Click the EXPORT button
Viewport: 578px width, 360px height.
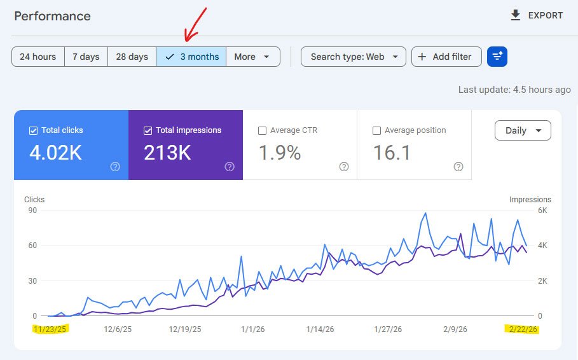537,15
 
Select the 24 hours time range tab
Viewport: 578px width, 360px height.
38,57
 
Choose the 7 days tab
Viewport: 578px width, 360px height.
86,57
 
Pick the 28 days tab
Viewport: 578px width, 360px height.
132,57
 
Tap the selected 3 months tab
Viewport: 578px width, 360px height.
191,57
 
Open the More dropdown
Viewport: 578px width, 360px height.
252,57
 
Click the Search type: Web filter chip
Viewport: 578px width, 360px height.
354,57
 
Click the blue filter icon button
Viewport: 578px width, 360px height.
497,57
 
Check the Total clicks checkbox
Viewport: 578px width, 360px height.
34,130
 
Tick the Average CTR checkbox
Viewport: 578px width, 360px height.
262,130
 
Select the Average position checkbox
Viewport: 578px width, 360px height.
376,130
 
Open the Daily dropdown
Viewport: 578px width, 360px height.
523,130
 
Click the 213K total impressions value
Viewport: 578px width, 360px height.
167,153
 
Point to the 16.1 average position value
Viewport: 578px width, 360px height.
392,153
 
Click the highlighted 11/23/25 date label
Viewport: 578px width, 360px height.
50,329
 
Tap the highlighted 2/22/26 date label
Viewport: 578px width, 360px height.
522,329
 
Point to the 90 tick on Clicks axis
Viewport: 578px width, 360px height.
31,211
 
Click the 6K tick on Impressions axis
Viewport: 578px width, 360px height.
542,211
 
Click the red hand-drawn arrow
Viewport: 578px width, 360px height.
195,24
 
